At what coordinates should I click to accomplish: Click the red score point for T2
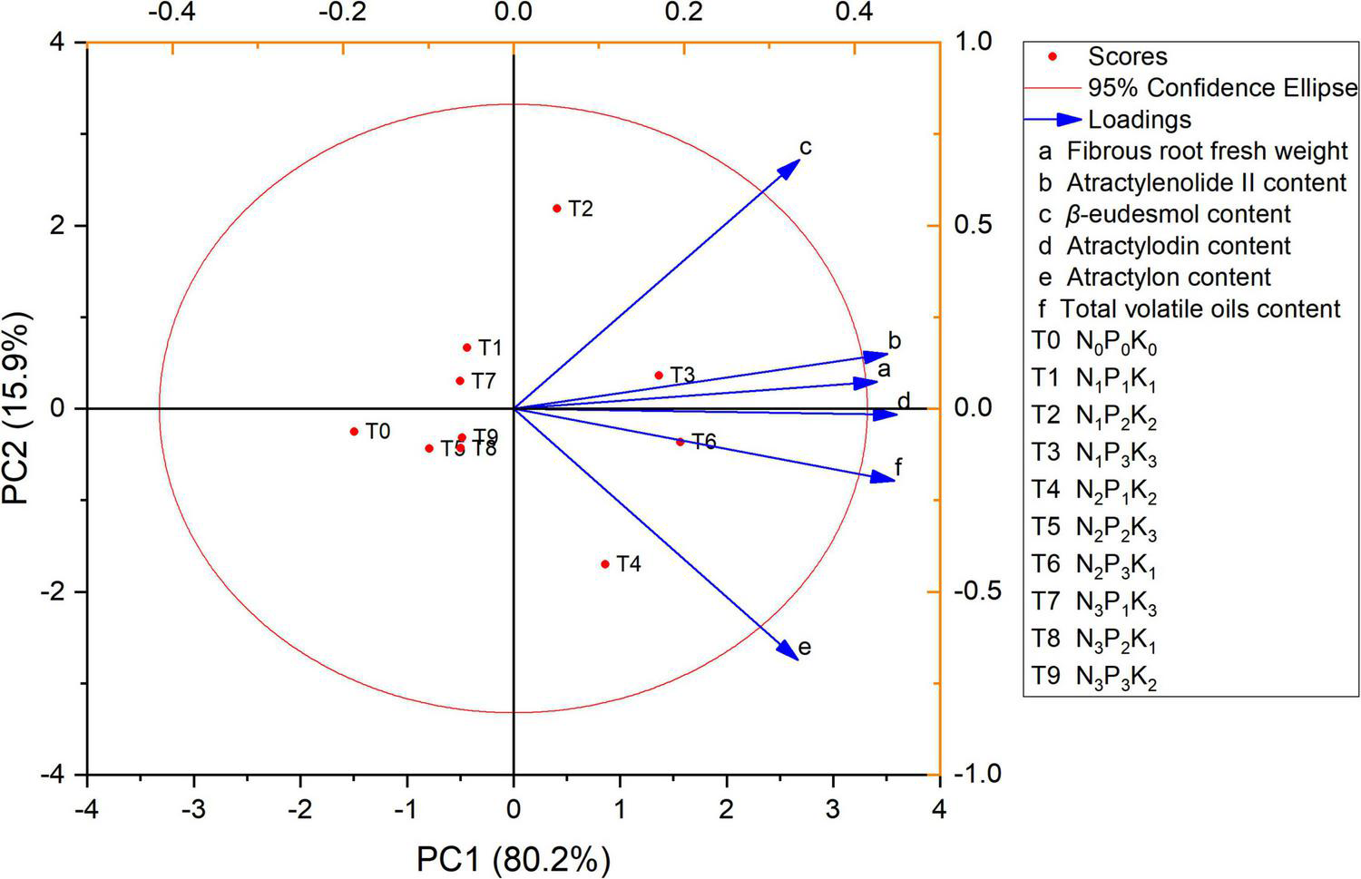point(557,209)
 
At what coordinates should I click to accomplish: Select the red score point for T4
point(605,564)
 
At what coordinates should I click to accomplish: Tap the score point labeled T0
point(354,432)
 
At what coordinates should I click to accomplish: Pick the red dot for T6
point(680,442)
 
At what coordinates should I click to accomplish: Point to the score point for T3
point(659,376)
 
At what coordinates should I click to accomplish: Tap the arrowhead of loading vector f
point(886,477)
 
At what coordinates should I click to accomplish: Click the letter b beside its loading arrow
point(895,342)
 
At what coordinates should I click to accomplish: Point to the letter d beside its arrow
point(904,402)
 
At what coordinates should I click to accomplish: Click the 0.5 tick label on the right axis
point(966,226)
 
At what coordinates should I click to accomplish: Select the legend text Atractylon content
point(1169,278)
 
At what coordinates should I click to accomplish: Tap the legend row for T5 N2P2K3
point(1094,528)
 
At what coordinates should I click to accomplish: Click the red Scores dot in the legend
point(1053,57)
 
